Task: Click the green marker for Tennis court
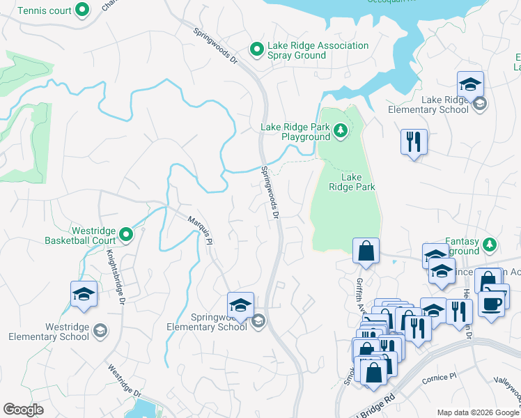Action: point(82,10)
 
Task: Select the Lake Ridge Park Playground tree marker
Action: point(340,130)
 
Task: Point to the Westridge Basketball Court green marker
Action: point(126,235)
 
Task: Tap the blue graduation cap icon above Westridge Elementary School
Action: point(84,294)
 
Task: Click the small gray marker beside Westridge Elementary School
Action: point(100,330)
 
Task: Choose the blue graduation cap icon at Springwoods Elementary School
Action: point(240,305)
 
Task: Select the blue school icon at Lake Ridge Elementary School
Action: point(471,85)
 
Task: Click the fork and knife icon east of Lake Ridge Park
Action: point(414,142)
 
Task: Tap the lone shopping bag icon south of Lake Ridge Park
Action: point(366,251)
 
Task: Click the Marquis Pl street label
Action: point(199,229)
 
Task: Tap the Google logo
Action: point(23,409)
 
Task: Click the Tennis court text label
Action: point(43,10)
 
